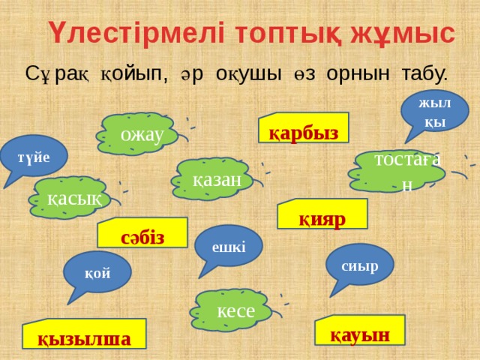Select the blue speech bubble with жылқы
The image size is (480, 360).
pyautogui.click(x=434, y=110)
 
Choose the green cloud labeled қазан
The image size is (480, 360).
pyautogui.click(x=216, y=178)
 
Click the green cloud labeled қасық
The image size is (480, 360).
pyautogui.click(x=68, y=197)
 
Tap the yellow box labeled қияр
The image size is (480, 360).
pyautogui.click(x=322, y=216)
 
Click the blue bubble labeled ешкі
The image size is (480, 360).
pyautogui.click(x=228, y=246)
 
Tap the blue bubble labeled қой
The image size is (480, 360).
pyautogui.click(x=97, y=272)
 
